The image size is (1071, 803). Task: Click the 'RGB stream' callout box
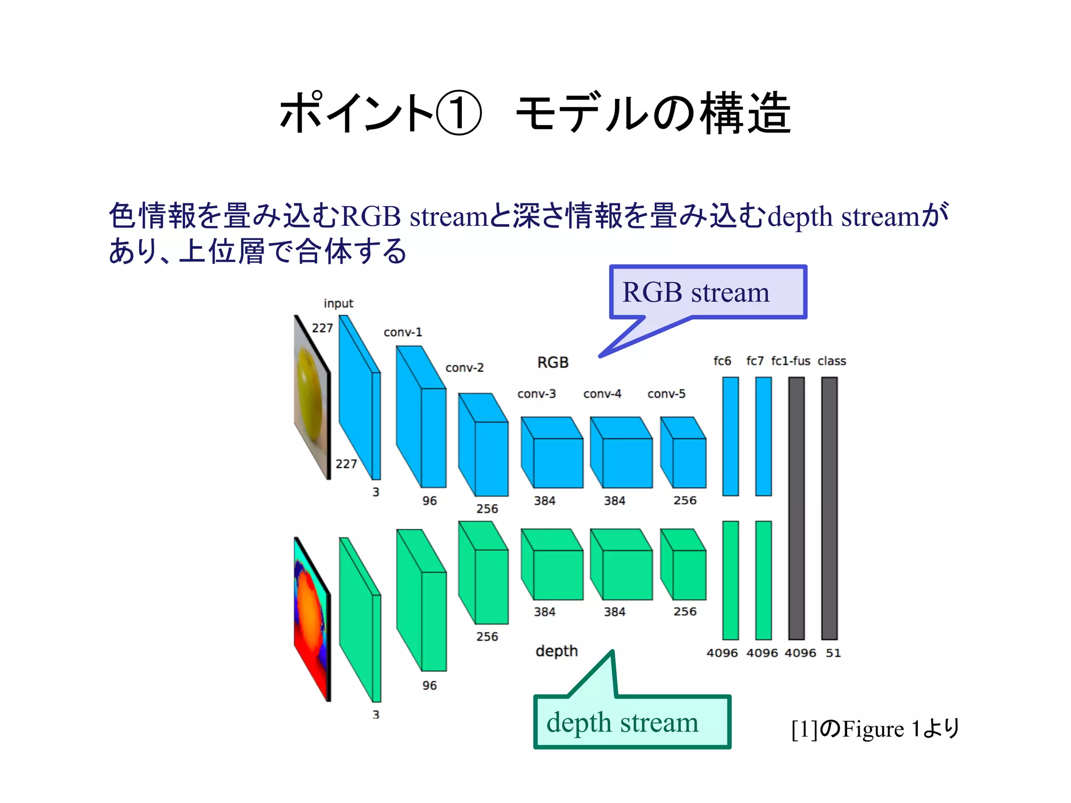click(708, 292)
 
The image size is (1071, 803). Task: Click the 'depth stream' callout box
click(632, 722)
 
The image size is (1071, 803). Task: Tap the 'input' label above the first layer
click(338, 303)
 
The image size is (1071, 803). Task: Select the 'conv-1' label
click(403, 332)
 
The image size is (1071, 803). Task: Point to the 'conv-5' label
click(666, 394)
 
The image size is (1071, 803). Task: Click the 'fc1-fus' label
click(790, 361)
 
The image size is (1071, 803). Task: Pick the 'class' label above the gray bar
click(831, 361)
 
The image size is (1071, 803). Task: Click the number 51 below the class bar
click(833, 653)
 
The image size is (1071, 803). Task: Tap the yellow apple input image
click(312, 397)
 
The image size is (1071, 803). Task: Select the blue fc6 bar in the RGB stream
click(731, 436)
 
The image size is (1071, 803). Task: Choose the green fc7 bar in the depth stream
click(764, 580)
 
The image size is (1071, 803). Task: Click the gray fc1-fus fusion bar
click(796, 508)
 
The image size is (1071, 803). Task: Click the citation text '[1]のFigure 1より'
click(875, 729)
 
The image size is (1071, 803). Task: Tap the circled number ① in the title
click(458, 113)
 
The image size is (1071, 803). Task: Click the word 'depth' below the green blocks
click(556, 651)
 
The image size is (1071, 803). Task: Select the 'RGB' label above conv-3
click(553, 362)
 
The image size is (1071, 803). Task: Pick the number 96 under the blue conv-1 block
click(429, 501)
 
